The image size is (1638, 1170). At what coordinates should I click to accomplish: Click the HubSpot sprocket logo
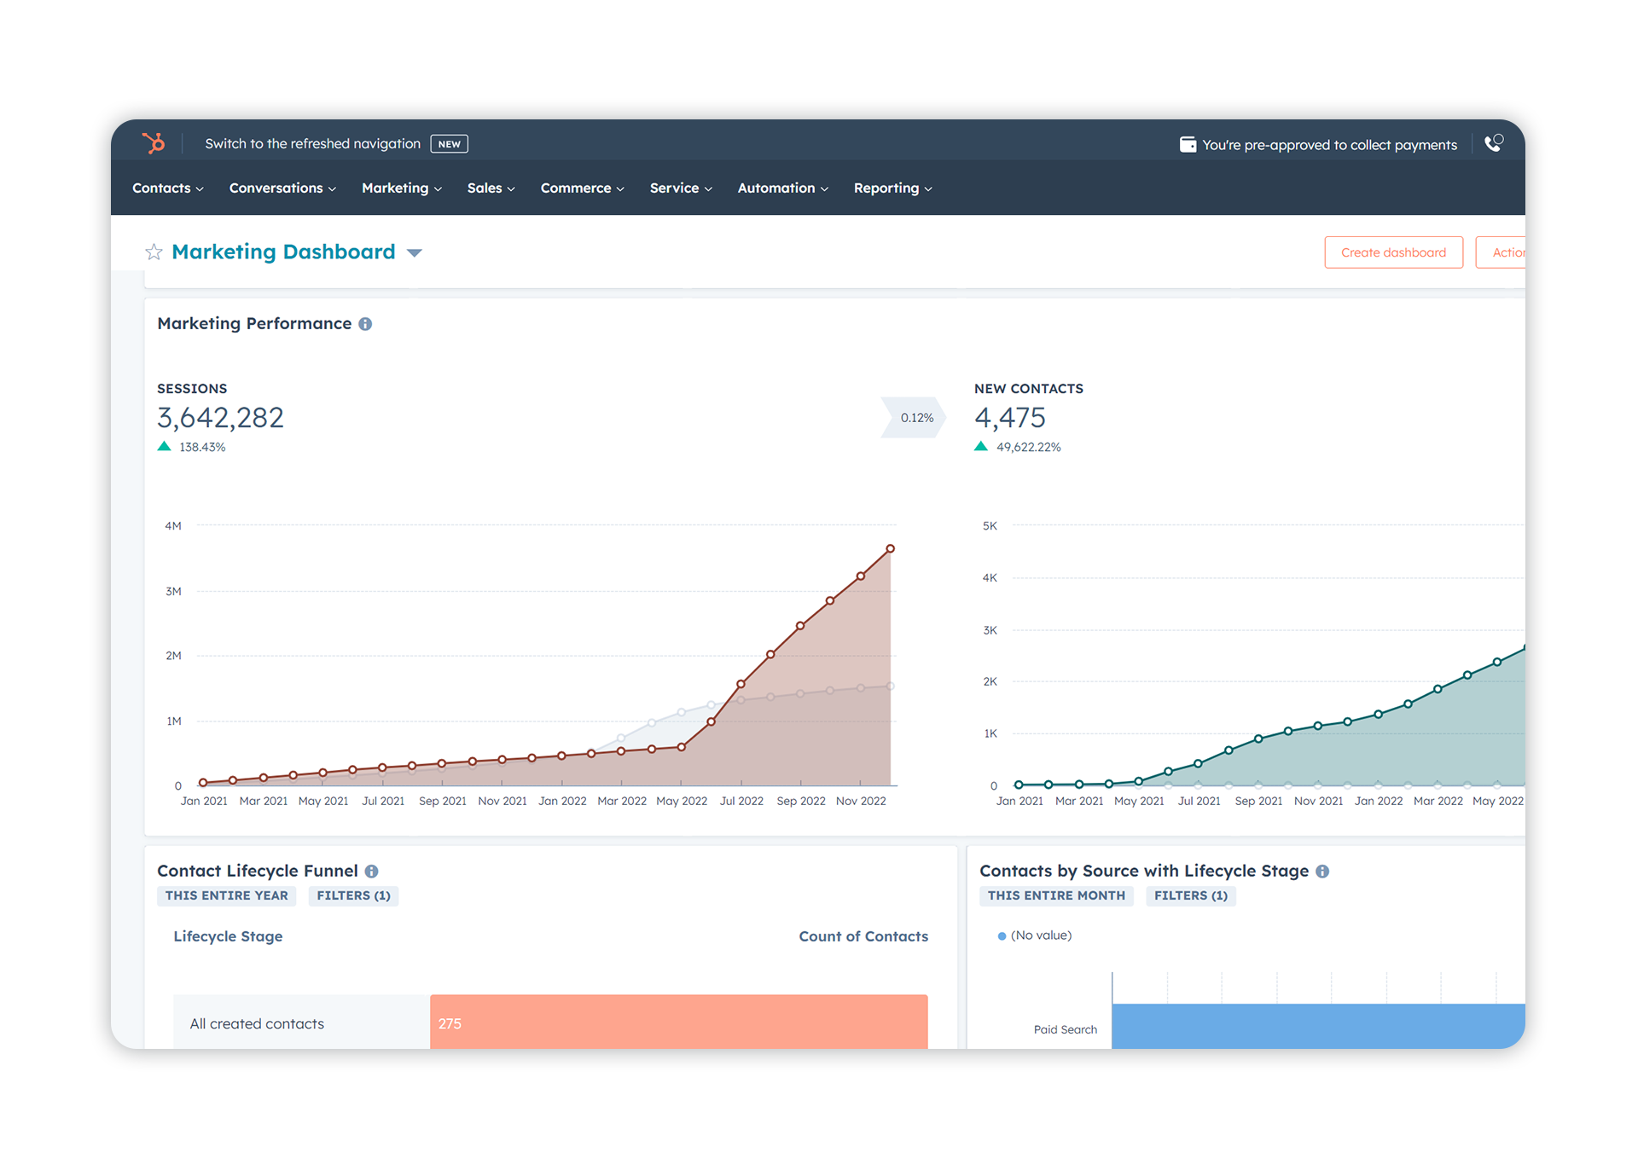click(x=154, y=142)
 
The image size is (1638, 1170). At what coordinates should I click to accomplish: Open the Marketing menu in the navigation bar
click(x=400, y=188)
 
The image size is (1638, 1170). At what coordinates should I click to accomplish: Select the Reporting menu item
click(x=892, y=188)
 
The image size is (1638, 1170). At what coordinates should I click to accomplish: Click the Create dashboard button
click(x=1392, y=252)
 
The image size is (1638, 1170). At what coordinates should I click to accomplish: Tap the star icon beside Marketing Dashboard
click(x=154, y=252)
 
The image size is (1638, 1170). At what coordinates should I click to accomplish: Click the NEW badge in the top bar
click(x=449, y=144)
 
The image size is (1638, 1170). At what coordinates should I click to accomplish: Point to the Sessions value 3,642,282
click(x=220, y=418)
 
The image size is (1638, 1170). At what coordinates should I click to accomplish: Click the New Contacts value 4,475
click(x=1009, y=418)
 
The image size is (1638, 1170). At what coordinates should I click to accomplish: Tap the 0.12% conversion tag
click(x=916, y=418)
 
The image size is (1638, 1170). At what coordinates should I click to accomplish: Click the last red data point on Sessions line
click(x=890, y=548)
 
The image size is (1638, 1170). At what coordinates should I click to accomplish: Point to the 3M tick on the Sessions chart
click(x=173, y=591)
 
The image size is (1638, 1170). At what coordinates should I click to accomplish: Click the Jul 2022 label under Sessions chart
click(x=741, y=801)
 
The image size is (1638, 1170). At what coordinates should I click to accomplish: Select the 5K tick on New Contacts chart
click(x=989, y=526)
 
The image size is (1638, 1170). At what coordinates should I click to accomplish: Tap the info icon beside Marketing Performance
click(x=365, y=324)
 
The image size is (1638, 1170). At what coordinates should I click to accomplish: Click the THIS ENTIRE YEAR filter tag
click(x=226, y=895)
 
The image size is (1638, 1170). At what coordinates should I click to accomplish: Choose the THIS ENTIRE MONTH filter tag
click(x=1055, y=895)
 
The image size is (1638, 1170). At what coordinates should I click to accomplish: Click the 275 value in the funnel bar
click(x=450, y=1023)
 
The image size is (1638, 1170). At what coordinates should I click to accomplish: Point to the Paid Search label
click(x=1065, y=1029)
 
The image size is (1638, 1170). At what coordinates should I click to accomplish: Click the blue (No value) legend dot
click(x=1002, y=936)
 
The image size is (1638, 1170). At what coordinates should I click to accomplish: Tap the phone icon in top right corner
click(x=1493, y=143)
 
